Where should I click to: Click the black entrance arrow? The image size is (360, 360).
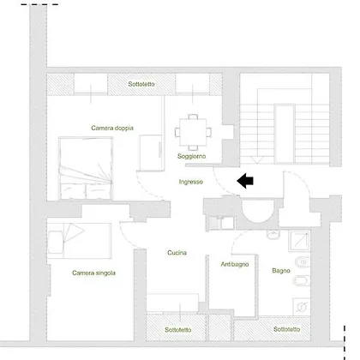245,181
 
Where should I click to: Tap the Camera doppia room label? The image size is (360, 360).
112,128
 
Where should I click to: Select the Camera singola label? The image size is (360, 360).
93,273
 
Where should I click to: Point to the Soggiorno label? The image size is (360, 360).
191,156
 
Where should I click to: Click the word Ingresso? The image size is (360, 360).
191,182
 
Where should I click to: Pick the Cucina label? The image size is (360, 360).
177,253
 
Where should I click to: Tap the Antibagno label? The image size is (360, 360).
235,264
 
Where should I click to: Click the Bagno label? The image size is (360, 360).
281,270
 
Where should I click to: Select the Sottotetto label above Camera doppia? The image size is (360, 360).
141,84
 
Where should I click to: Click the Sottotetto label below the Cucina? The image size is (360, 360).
178,330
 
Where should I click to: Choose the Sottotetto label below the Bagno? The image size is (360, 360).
286,329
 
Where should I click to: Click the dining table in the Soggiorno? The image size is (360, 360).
193,132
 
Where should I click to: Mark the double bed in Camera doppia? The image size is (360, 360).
86,168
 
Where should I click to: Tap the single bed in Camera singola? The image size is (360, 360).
79,241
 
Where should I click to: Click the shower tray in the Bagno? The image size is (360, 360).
299,241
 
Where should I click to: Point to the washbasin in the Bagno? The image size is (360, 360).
273,235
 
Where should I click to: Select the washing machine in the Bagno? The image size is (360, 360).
302,307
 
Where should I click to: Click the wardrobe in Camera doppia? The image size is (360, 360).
152,153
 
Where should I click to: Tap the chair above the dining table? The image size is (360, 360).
193,117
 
